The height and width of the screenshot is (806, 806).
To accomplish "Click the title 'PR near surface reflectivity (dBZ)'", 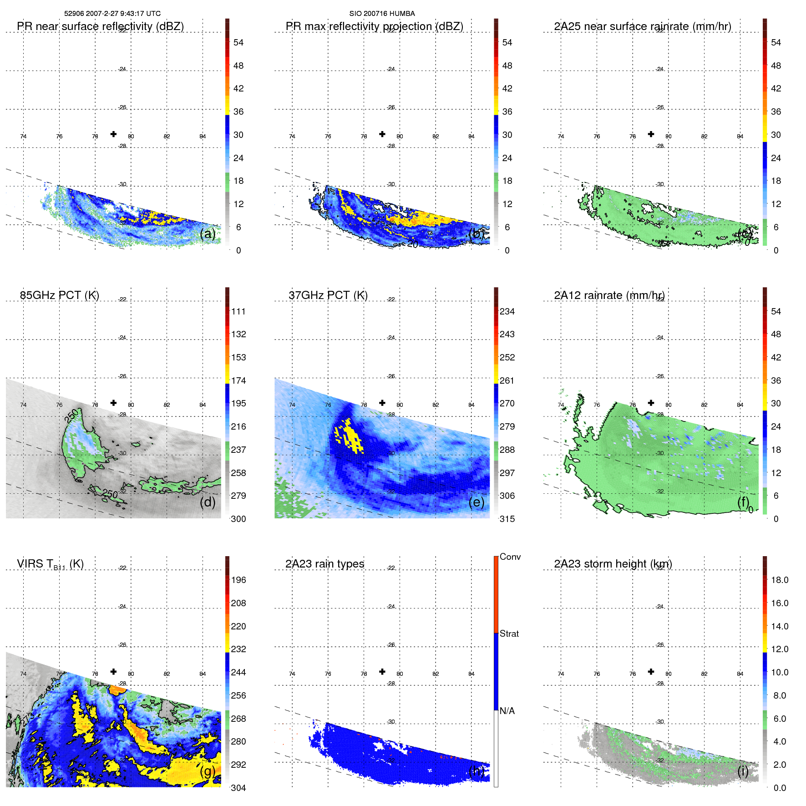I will [x=100, y=26].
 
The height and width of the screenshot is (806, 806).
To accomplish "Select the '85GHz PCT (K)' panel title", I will [x=59, y=295].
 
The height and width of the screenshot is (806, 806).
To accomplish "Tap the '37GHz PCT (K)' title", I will [x=328, y=295].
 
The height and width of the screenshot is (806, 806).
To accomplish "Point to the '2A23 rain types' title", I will [x=324, y=564].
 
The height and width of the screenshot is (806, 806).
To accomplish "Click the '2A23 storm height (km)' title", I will [x=613, y=564].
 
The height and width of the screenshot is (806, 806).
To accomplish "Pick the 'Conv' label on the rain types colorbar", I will [x=510, y=557].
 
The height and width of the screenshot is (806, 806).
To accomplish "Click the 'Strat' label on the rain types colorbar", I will [x=509, y=634].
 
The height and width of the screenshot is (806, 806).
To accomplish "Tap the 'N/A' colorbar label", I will [x=507, y=711].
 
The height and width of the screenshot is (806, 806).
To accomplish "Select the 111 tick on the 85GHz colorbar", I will [x=238, y=311].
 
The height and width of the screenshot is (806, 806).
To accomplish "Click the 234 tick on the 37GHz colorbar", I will [x=507, y=311].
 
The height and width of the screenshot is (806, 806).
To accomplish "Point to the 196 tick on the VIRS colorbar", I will [x=238, y=580].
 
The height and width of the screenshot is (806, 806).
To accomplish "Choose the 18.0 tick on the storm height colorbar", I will [x=779, y=580].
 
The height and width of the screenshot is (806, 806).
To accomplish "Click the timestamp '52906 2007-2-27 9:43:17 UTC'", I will [x=112, y=14].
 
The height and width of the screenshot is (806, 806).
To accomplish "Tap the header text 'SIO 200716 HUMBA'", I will [x=382, y=14].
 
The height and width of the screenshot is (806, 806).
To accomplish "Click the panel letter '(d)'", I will [x=208, y=502].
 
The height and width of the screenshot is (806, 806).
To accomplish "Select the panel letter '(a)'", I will [x=208, y=234].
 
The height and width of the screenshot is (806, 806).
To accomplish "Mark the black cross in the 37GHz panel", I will [x=382, y=403].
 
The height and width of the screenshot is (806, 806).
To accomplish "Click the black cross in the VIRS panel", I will [x=113, y=671].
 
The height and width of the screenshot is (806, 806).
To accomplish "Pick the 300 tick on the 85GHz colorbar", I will [x=238, y=519].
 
